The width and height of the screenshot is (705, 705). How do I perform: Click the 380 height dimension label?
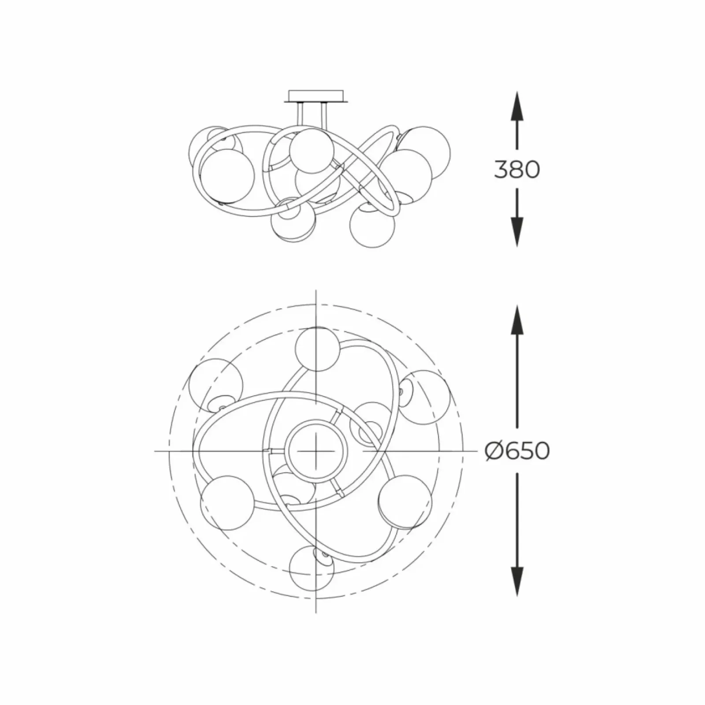[x=517, y=169]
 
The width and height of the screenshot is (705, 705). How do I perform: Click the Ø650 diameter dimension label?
[x=517, y=451]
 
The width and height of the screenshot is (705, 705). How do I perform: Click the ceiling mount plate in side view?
[x=316, y=96]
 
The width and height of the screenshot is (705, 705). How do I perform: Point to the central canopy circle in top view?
[x=316, y=451]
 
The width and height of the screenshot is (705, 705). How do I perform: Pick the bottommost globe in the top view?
[x=312, y=568]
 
